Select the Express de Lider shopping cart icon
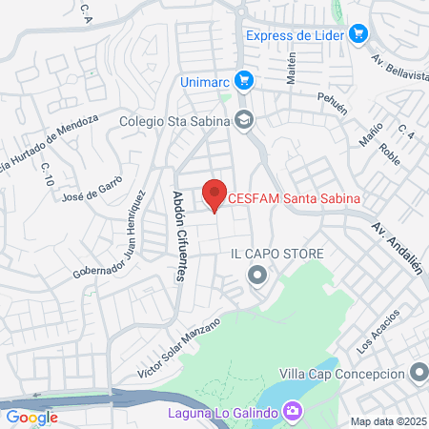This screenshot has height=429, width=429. [358, 35]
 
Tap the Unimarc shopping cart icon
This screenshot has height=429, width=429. [244, 81]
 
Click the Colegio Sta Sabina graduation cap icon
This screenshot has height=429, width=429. [244, 120]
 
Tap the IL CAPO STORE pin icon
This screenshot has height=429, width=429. [255, 276]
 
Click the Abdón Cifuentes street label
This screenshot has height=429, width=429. [178, 235]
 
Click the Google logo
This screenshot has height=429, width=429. [31, 417]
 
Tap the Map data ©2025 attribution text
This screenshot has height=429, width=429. [386, 421]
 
